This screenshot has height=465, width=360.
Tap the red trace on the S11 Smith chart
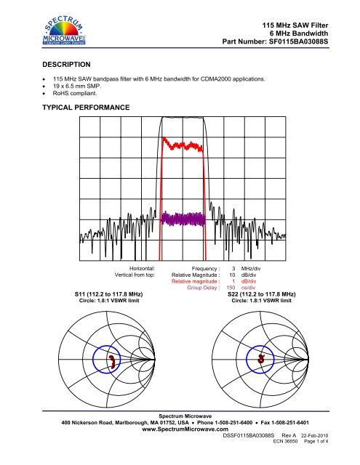(112, 361)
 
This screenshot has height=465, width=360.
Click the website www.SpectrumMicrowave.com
(180, 429)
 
